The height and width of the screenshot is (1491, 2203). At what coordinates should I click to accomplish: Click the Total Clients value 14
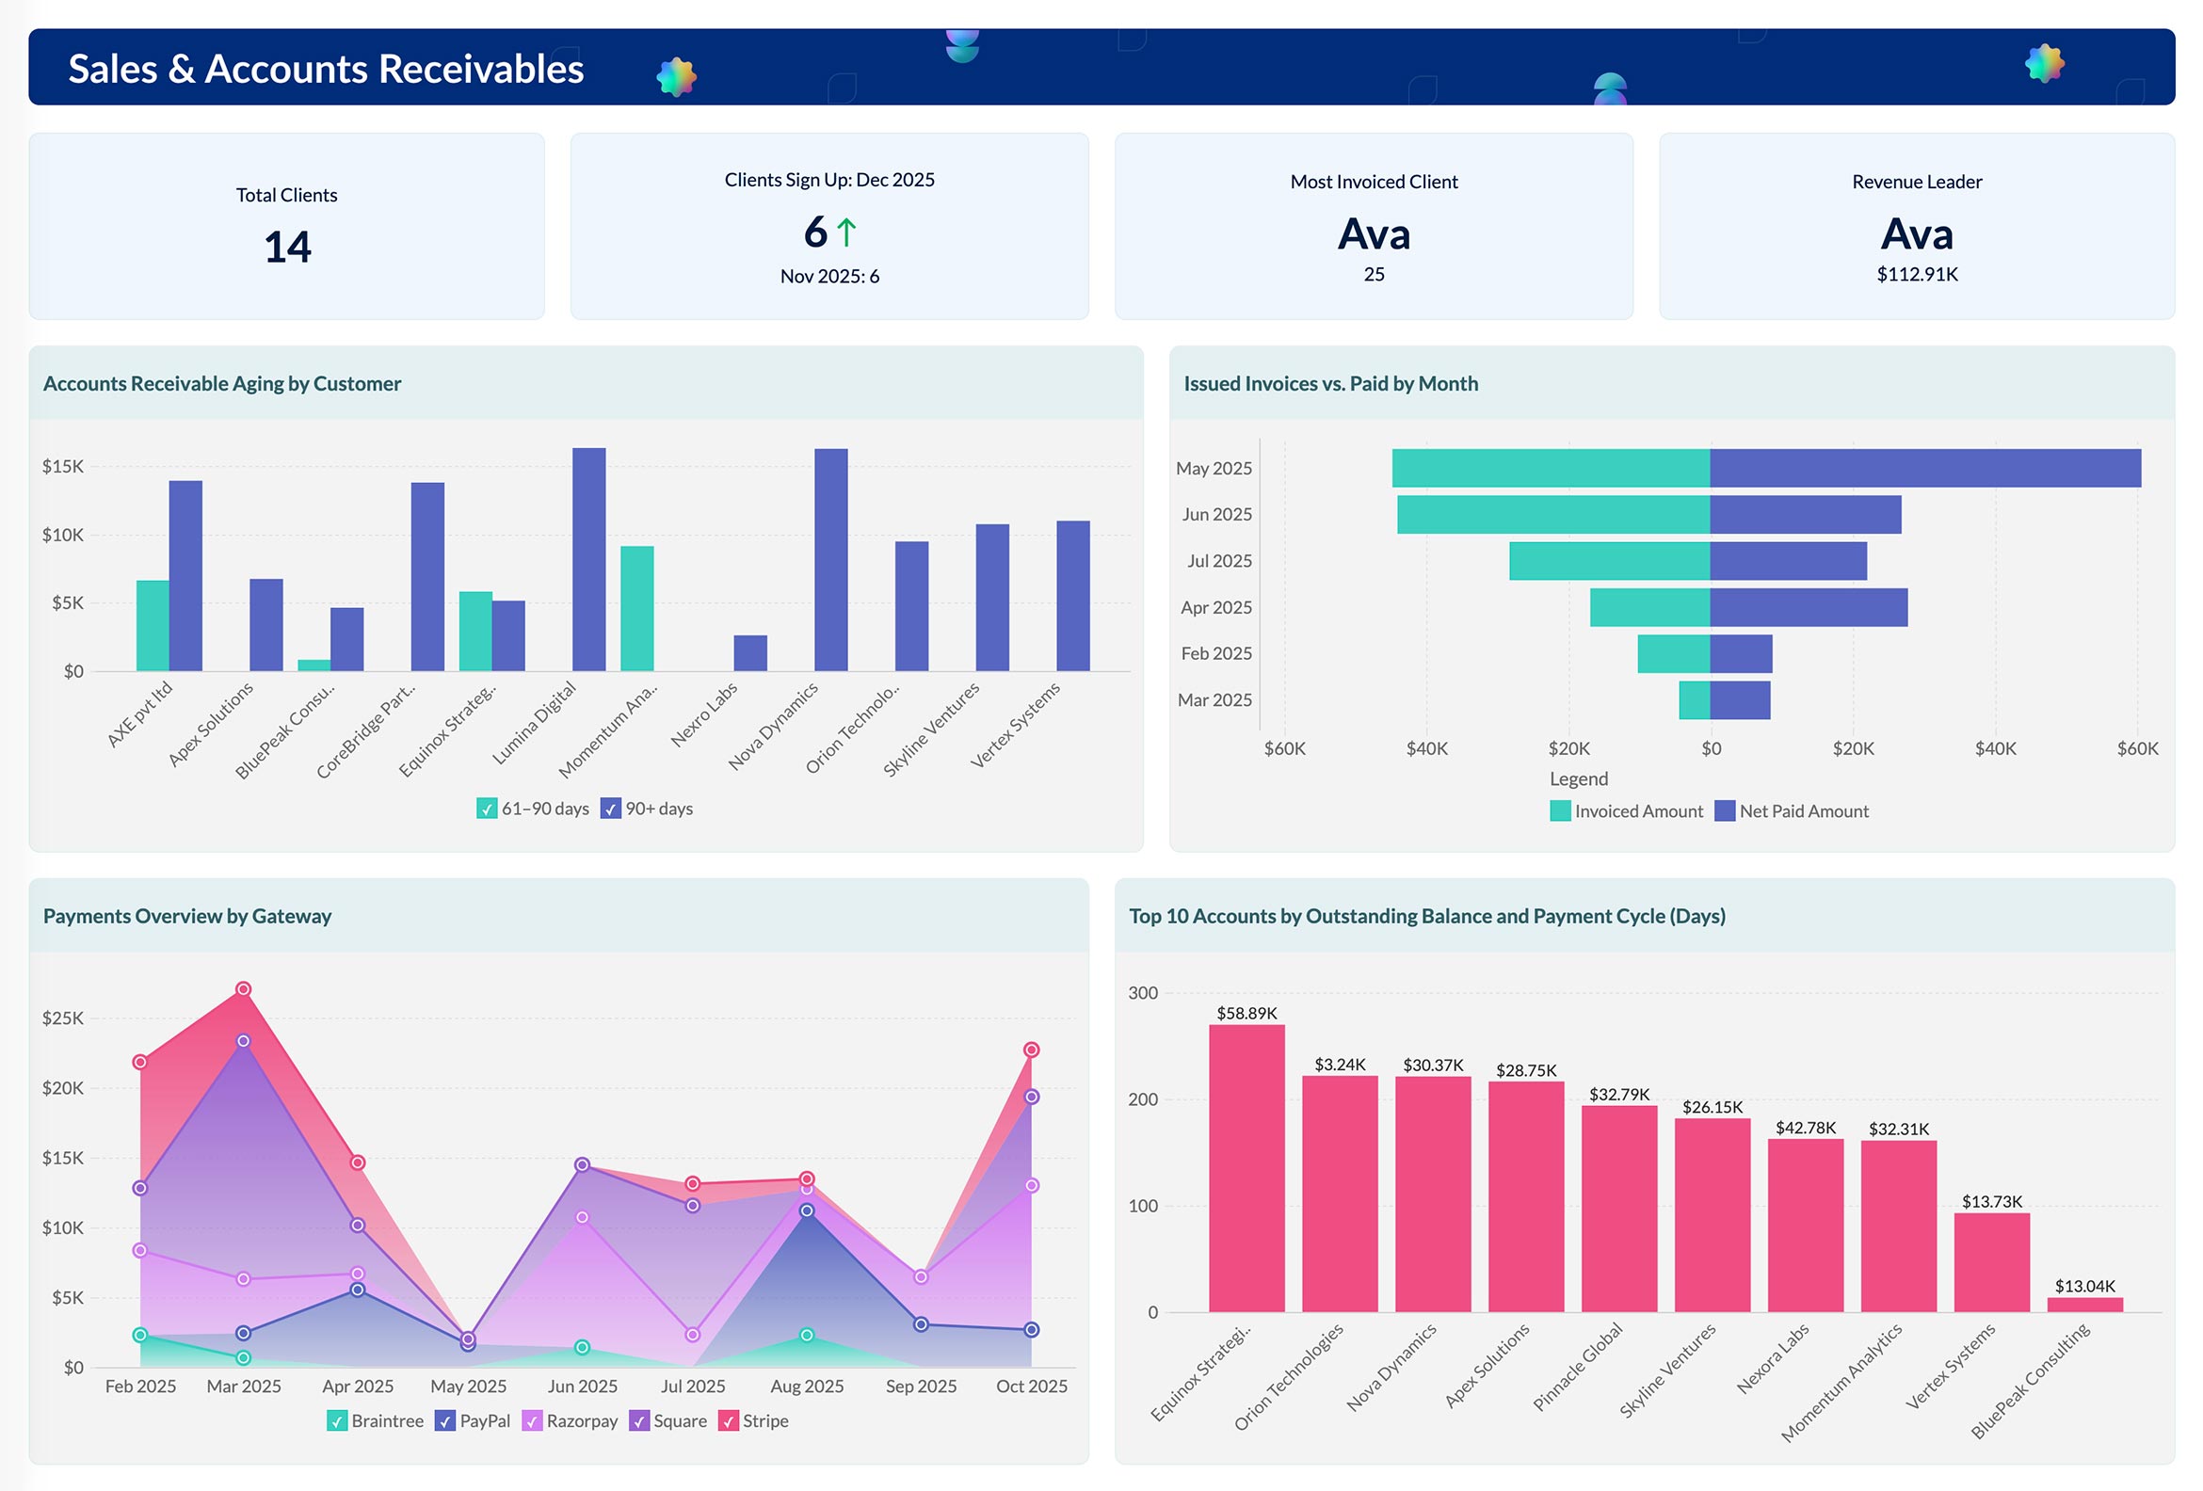click(x=287, y=248)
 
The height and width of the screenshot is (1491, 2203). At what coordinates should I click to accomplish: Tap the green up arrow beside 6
click(x=846, y=232)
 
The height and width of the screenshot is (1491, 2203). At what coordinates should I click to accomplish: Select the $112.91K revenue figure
click(x=1916, y=274)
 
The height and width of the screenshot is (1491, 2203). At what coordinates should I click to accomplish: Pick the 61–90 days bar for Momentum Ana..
click(x=637, y=608)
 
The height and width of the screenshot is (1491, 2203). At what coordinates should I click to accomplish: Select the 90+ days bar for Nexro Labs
click(x=749, y=653)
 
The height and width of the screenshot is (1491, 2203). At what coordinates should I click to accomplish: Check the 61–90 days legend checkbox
click(x=487, y=809)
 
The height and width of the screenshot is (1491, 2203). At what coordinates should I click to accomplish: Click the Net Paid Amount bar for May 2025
click(x=1924, y=468)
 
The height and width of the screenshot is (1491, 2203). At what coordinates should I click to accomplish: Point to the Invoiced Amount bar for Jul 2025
click(x=1609, y=561)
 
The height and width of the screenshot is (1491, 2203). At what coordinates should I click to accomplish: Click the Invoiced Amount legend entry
click(x=1627, y=811)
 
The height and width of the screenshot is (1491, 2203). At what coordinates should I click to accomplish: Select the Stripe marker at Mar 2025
click(x=244, y=988)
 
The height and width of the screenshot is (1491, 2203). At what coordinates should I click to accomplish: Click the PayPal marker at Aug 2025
click(x=807, y=1210)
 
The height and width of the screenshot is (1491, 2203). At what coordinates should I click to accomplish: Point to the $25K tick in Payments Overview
click(x=62, y=1018)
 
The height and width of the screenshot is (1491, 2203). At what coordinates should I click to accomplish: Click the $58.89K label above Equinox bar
click(x=1246, y=1013)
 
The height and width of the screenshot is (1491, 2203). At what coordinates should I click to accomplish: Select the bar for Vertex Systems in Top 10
click(x=1990, y=1262)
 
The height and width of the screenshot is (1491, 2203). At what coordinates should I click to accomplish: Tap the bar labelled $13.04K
click(x=2084, y=1305)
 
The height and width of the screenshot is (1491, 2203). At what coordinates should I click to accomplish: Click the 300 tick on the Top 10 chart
click(x=1142, y=992)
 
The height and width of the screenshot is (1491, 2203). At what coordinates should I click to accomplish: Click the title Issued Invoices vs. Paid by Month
click(x=1330, y=384)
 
